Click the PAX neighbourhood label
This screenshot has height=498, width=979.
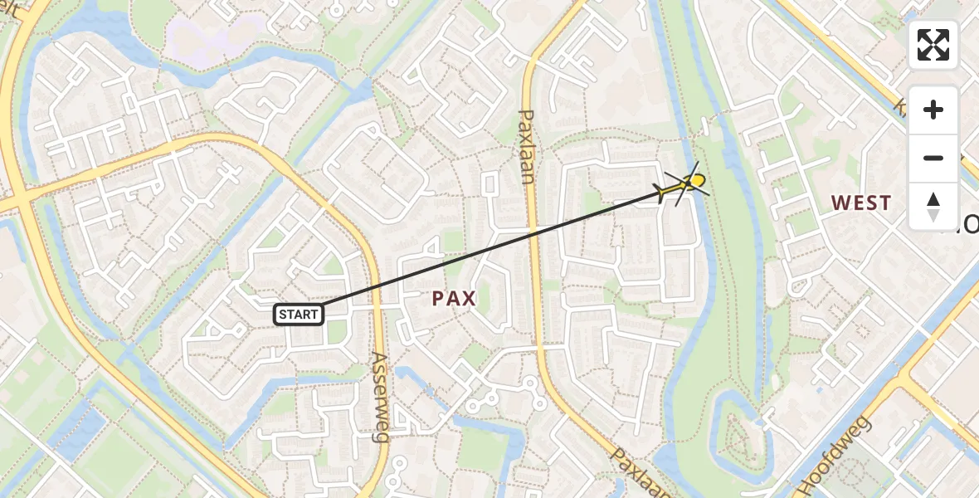[x=454, y=299]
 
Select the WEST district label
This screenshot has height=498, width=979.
[x=861, y=203]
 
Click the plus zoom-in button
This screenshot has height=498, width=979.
[x=933, y=110]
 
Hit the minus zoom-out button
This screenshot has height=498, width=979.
[x=933, y=158]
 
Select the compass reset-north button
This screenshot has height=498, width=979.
[x=933, y=206]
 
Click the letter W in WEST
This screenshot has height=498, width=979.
[x=840, y=203]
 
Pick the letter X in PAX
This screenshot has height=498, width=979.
[x=470, y=299]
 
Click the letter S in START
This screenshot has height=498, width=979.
[x=283, y=315]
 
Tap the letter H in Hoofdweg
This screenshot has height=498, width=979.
[x=807, y=487]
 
